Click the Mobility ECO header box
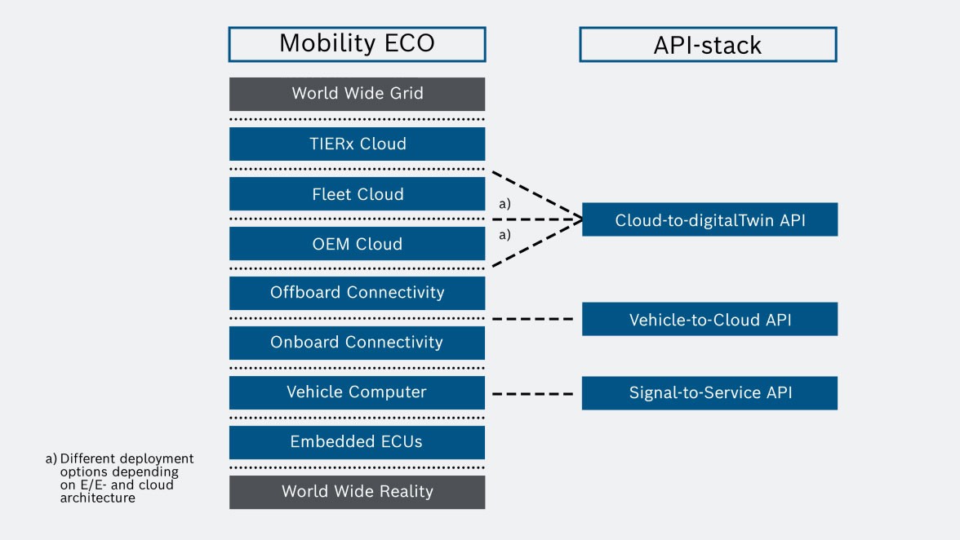357,43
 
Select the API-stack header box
708,44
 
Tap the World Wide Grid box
357,94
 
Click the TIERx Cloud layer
357,144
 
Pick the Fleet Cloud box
357,194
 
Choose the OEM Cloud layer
357,244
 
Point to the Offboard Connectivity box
357,293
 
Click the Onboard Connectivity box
357,343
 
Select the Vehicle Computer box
357,392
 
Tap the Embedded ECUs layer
357,442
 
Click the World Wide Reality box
357,492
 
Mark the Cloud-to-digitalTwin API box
709,220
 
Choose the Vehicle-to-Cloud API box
709,320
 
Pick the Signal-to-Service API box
709,393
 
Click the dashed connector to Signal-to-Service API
533,394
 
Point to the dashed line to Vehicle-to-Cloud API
533,319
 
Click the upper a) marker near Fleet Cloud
504,205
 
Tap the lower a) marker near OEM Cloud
504,234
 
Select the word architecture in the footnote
97,498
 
